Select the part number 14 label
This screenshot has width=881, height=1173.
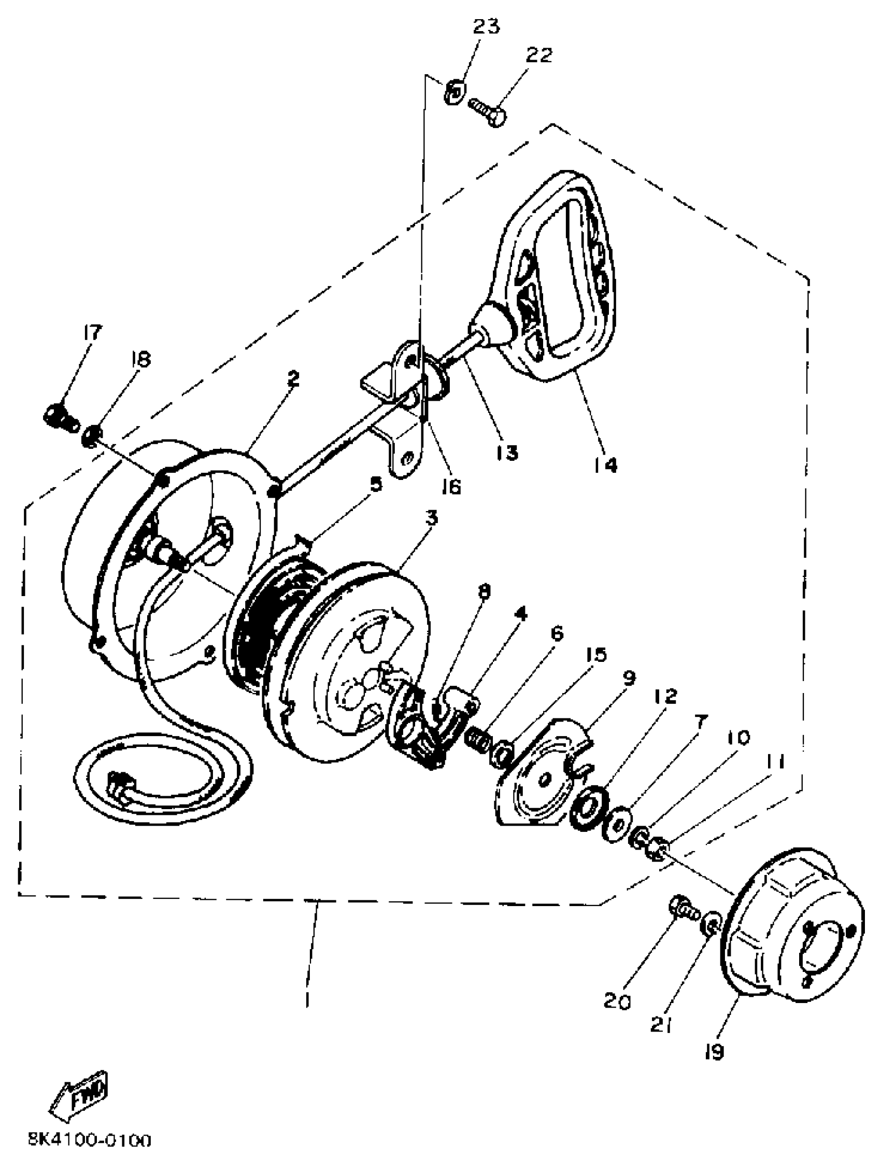[605, 465]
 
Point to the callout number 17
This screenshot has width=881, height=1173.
[92, 333]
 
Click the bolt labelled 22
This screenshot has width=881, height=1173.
[487, 111]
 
